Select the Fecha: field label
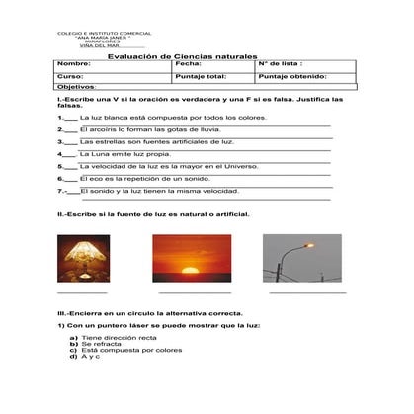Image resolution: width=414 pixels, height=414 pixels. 188,64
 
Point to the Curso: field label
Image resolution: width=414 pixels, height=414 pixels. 70,76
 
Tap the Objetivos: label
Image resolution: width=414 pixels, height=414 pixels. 76,86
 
